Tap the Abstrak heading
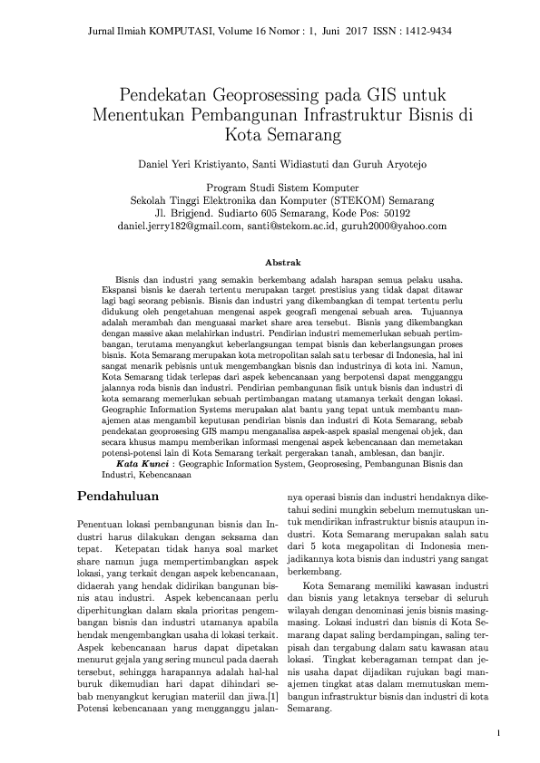coord(269,261)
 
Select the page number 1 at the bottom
coord(498,732)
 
